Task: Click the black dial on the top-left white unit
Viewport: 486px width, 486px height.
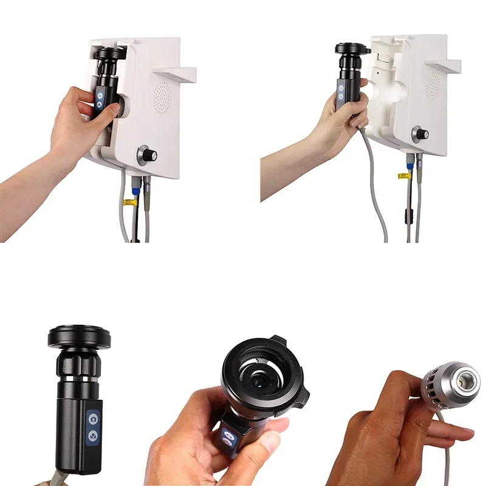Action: (x=148, y=156)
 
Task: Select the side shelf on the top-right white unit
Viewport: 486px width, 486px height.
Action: (x=443, y=65)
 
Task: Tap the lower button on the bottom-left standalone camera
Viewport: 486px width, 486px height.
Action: (x=93, y=436)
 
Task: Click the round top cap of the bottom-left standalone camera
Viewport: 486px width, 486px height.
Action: (x=79, y=336)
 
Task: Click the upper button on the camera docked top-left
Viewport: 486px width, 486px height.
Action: (x=100, y=94)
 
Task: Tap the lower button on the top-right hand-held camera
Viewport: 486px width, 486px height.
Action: (x=341, y=98)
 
